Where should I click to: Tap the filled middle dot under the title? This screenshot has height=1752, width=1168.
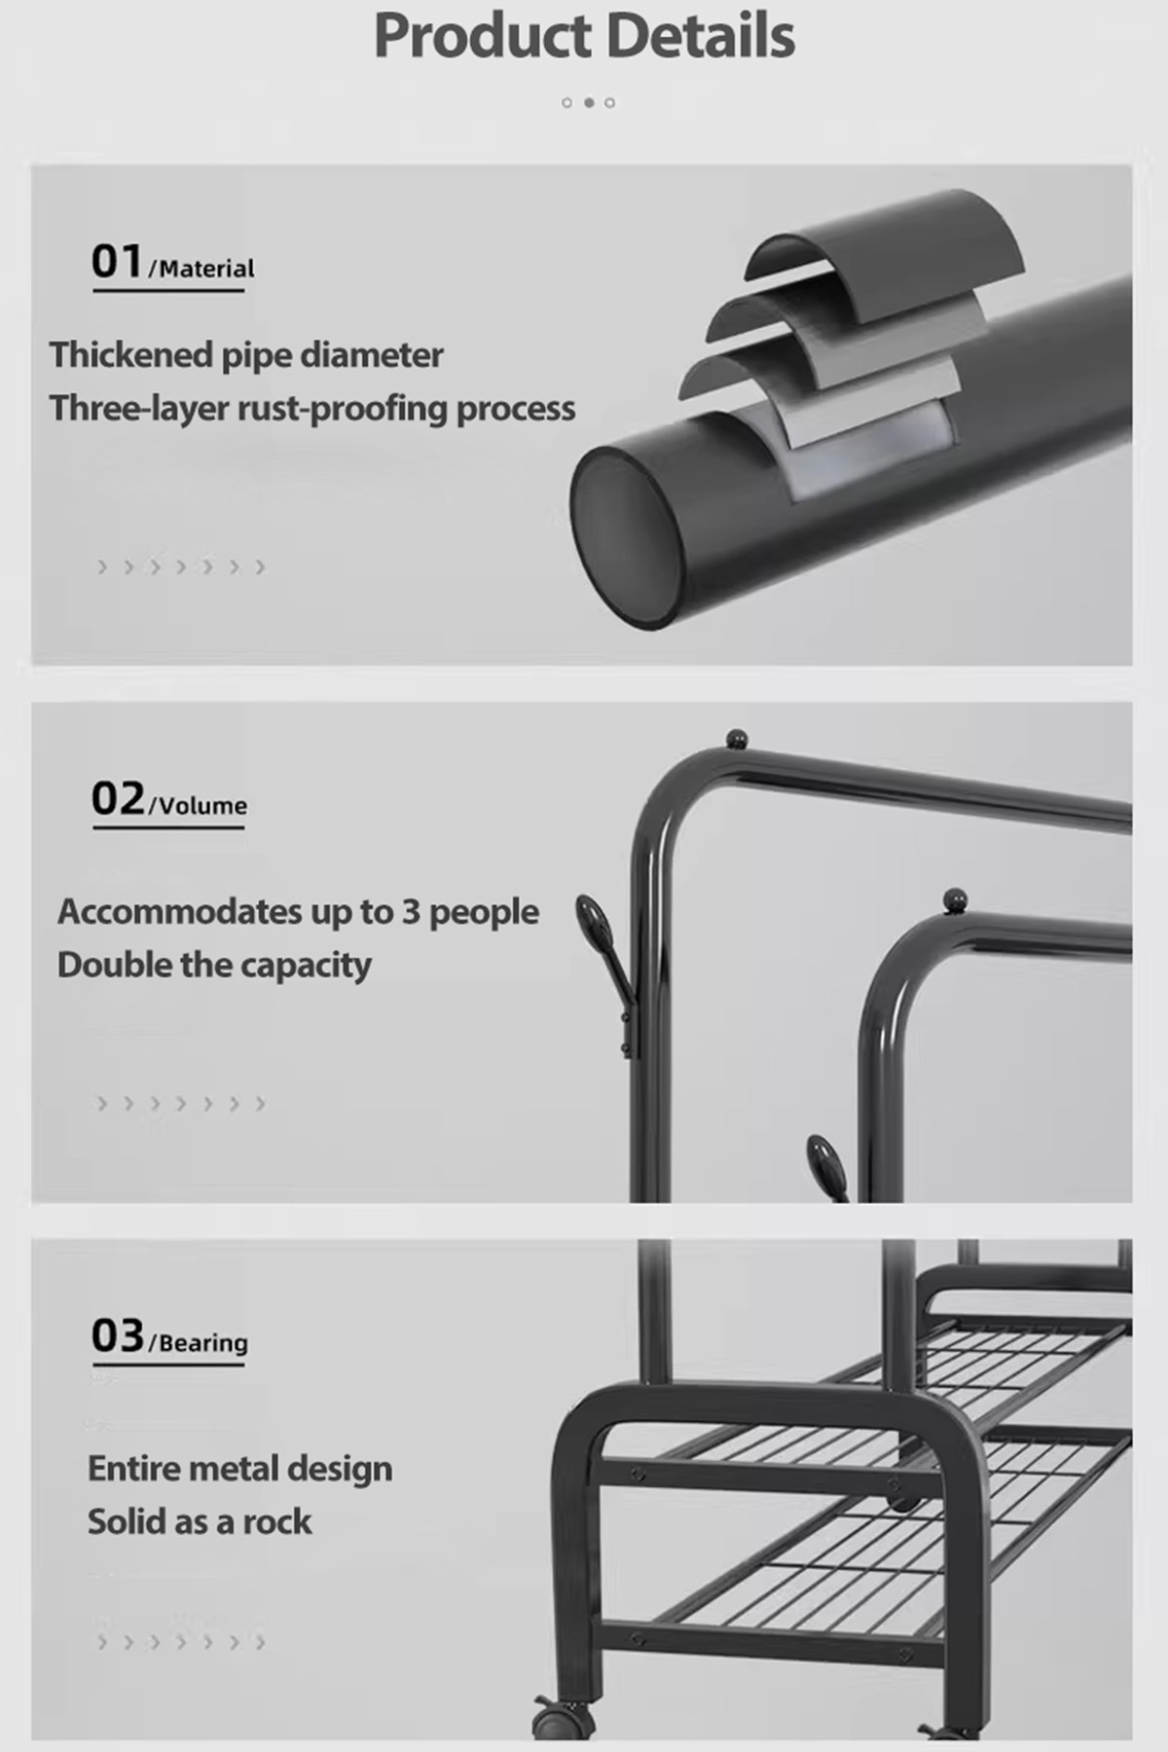pyautogui.click(x=589, y=102)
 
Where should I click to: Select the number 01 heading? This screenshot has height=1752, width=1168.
pyautogui.click(x=117, y=261)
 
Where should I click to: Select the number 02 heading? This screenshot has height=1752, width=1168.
pyautogui.click(x=118, y=798)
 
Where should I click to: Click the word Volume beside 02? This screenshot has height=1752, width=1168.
pyautogui.click(x=202, y=806)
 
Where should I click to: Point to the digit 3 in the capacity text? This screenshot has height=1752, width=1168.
pyautogui.click(x=411, y=912)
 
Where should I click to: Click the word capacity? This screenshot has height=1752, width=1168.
pyautogui.click(x=306, y=967)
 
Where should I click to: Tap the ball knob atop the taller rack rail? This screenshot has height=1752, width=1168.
pyautogui.click(x=737, y=739)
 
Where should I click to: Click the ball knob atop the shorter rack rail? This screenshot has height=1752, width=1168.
pyautogui.click(x=955, y=898)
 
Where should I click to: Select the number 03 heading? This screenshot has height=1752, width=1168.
pyautogui.click(x=118, y=1335)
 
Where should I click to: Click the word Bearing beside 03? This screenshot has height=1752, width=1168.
pyautogui.click(x=203, y=1343)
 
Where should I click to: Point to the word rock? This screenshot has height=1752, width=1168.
pyautogui.click(x=277, y=1521)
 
